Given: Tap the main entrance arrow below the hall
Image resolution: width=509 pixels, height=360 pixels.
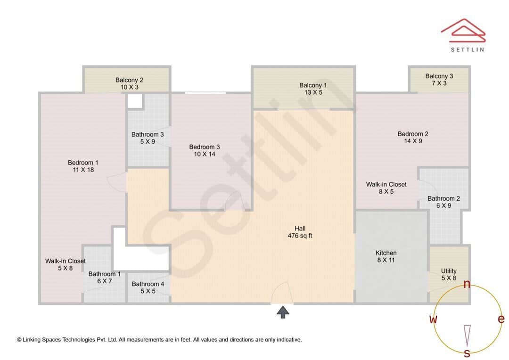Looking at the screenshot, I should [x=283, y=312].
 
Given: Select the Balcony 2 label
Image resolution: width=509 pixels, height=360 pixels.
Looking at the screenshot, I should [x=129, y=80].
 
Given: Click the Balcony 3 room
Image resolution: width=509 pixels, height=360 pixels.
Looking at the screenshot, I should [x=439, y=80].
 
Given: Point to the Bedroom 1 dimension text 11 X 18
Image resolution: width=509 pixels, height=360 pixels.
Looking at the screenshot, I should [x=83, y=170].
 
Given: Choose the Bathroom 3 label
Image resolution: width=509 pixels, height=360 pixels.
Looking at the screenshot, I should [x=148, y=134].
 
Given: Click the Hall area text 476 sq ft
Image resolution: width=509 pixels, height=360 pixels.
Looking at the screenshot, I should [x=300, y=236].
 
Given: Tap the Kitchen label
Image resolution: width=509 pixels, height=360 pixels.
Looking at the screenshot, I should [x=386, y=253].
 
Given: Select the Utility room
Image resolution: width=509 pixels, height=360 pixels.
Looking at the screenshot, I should [x=449, y=274].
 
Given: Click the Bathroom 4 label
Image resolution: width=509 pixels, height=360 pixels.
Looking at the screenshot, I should [x=148, y=284].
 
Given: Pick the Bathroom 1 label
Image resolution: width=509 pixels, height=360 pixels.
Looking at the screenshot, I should [x=105, y=274].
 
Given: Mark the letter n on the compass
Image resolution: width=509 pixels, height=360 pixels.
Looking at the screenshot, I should [x=467, y=284].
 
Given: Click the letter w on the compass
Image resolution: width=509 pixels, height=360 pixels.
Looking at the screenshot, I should [x=433, y=319].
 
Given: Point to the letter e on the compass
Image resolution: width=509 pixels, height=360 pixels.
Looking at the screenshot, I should [x=501, y=319].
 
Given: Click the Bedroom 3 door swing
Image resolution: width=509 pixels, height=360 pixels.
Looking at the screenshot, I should [x=234, y=202].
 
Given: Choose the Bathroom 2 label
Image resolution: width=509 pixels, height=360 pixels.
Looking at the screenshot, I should [x=443, y=198].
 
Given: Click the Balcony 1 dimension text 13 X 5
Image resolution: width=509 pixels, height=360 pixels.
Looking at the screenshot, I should [x=312, y=92].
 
